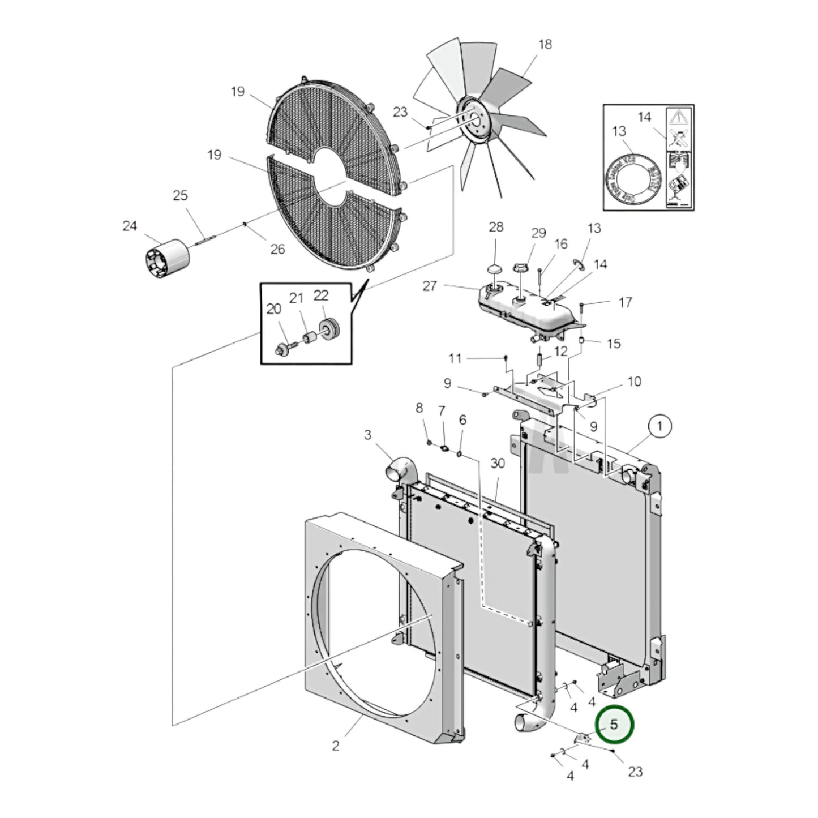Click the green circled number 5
[x=615, y=724]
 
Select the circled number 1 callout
[x=659, y=426]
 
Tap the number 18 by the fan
[x=545, y=44]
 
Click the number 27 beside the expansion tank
[x=430, y=285]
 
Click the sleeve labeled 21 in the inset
[x=309, y=339]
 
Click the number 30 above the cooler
[x=497, y=463]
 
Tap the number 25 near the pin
[x=180, y=195]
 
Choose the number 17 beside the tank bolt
[x=625, y=302]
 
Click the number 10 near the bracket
[x=634, y=381]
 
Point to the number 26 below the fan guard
[x=277, y=249]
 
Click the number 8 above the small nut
[x=419, y=408]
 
